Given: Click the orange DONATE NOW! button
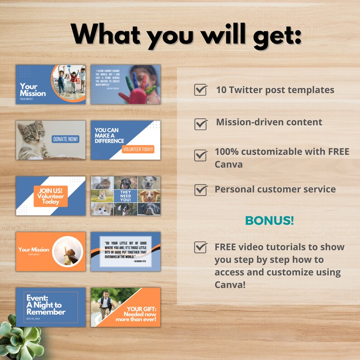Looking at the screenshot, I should click(x=65, y=139).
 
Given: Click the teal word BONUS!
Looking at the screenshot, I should click(x=269, y=221).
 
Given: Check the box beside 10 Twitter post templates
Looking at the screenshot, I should click(x=200, y=90).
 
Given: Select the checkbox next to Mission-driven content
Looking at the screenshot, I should click(x=200, y=123).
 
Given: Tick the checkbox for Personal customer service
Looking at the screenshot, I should click(x=200, y=190).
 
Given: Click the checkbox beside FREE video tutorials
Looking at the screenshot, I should click(x=200, y=247).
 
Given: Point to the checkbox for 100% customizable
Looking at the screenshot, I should click(x=200, y=156).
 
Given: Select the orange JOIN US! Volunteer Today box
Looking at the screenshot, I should click(x=50, y=196).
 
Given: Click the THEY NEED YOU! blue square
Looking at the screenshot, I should click(x=126, y=196).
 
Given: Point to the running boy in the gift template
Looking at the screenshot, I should click(x=105, y=305).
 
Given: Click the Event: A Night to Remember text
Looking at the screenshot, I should click(x=45, y=305).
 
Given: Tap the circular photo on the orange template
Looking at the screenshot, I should click(x=67, y=251).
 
